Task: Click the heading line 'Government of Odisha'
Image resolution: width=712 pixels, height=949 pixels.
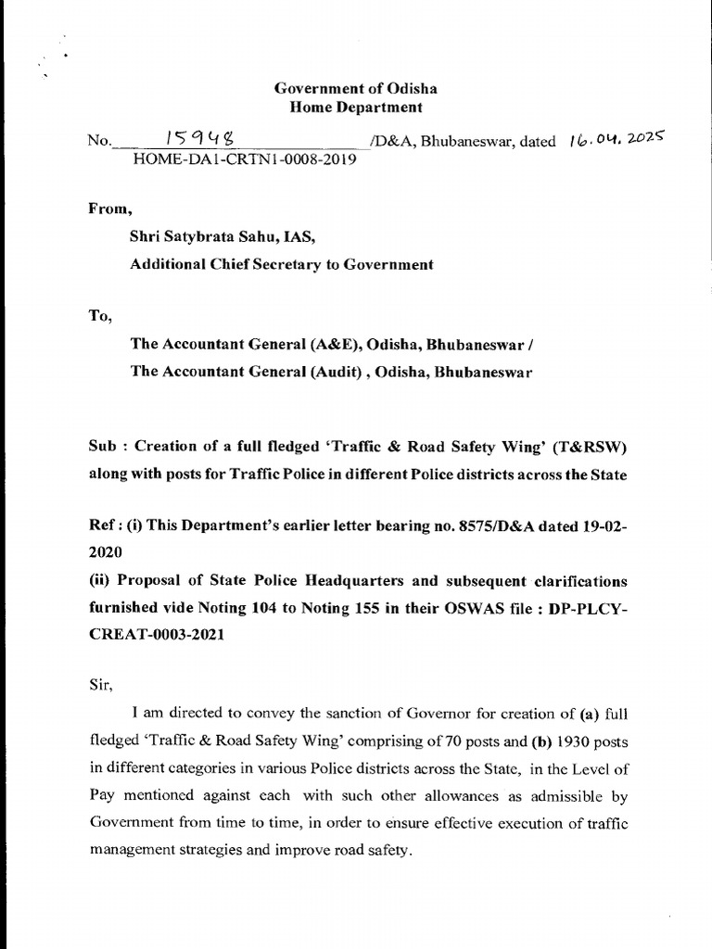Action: point(355,90)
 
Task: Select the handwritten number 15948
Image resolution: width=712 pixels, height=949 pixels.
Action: point(198,139)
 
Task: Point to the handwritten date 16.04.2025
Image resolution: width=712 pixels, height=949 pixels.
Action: point(614,140)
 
